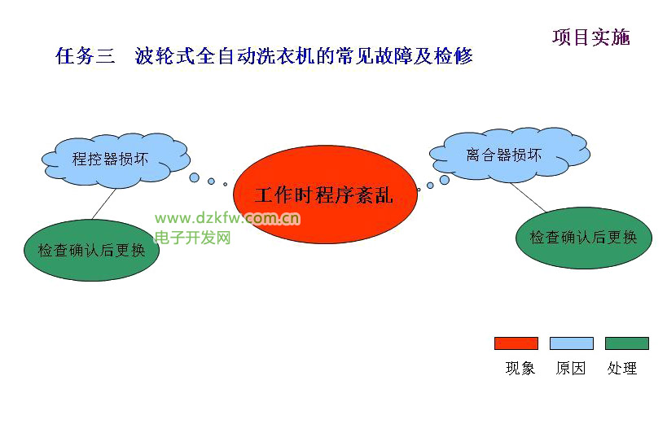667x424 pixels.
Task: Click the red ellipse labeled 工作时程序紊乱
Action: coord(325,195)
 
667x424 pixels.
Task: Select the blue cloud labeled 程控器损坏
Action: coord(116,160)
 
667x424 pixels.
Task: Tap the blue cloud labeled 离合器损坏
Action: coord(510,154)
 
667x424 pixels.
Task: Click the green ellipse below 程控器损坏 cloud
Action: coord(91,250)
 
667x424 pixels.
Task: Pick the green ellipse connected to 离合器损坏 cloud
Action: coord(584,238)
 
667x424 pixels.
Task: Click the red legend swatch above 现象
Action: coord(516,343)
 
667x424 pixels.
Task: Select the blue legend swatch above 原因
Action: coord(571,343)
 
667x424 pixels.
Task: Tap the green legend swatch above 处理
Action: coord(627,343)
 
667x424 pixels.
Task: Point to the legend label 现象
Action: coord(520,368)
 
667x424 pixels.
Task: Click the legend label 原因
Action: coord(571,368)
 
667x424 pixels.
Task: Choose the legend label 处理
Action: coord(622,368)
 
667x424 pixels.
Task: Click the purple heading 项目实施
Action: coord(591,37)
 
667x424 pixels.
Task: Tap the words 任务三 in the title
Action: coord(85,55)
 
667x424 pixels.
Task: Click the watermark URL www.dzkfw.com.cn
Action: coord(227,218)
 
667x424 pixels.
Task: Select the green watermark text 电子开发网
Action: coord(193,238)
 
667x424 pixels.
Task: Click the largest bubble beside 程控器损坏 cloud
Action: coord(195,177)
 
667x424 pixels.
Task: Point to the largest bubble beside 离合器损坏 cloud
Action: coord(445,180)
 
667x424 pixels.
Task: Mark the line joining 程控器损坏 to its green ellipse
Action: coord(103,204)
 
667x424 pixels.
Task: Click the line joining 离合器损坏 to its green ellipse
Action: coord(528,197)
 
